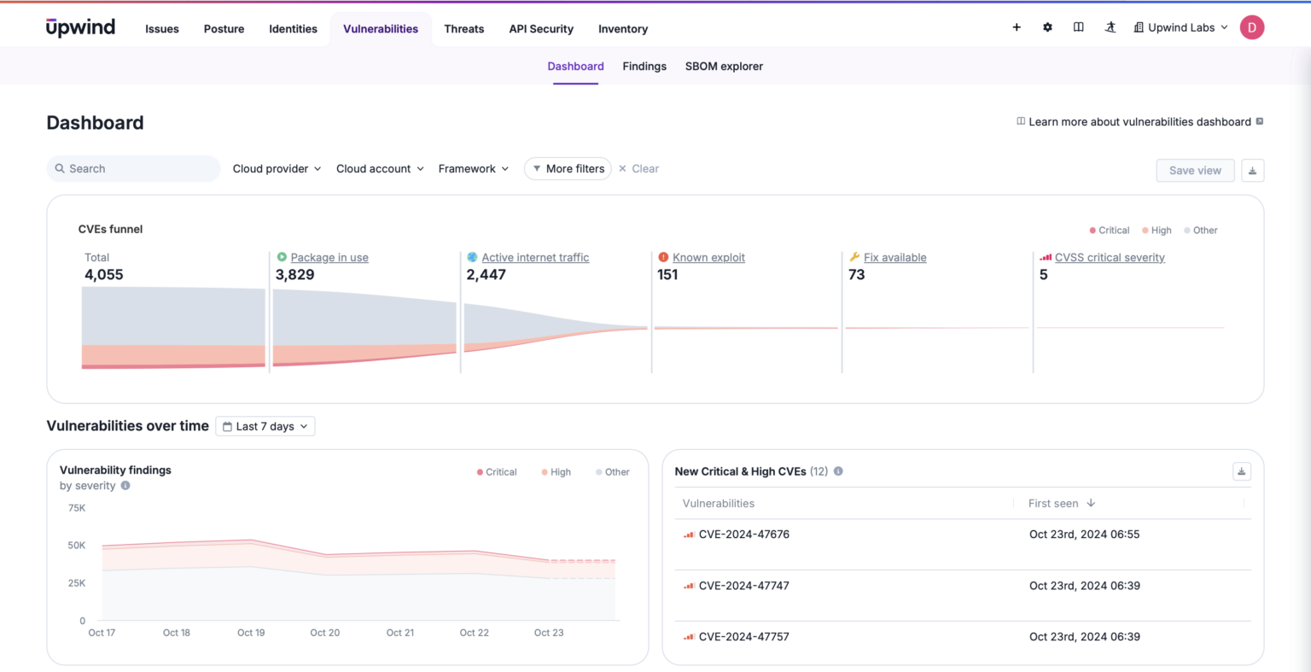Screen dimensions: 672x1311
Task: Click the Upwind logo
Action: (80, 27)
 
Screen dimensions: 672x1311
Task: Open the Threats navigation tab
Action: (463, 29)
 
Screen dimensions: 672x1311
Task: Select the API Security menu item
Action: (541, 29)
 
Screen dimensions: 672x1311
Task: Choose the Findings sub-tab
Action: (644, 67)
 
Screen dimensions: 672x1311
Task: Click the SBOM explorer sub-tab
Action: (724, 67)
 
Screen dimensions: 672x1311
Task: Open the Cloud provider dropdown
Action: (277, 169)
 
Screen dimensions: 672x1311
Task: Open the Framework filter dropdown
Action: (473, 169)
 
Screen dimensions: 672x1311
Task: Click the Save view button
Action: (1195, 171)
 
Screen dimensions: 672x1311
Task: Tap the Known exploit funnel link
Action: (708, 258)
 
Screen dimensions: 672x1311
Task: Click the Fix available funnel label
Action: (894, 258)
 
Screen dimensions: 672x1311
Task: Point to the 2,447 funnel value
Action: (486, 275)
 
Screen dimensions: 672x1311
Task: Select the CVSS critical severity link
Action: (1110, 258)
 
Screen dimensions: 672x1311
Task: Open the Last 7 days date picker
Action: (265, 427)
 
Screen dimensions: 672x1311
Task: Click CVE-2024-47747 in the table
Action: (743, 586)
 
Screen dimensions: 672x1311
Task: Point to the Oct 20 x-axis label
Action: (324, 633)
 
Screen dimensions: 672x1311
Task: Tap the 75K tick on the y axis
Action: (77, 508)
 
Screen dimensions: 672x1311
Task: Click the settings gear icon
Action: (1047, 27)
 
